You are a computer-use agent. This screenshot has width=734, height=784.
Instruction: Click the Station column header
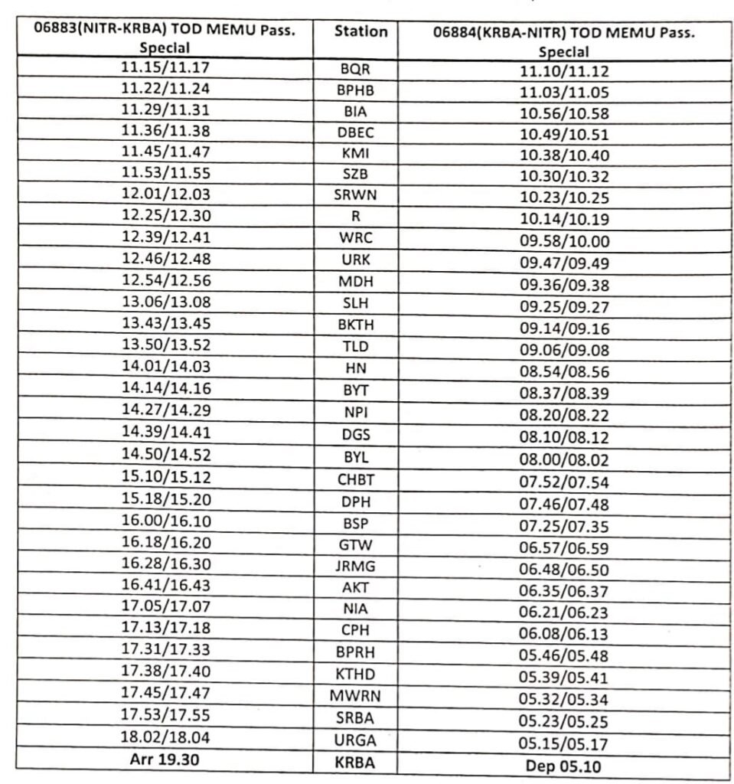point(360,32)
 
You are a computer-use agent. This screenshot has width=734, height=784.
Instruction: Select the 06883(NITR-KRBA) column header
point(166,39)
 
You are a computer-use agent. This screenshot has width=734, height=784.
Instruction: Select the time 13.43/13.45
point(165,323)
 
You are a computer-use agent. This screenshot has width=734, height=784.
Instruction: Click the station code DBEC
point(356,132)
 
